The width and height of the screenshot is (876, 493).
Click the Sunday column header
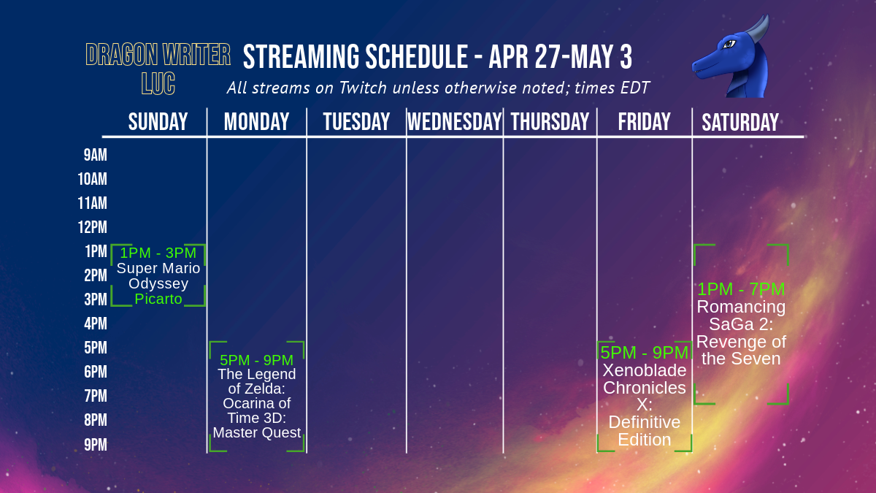point(158,122)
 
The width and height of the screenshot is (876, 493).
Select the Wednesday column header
point(454,122)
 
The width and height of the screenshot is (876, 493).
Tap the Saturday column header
point(740,123)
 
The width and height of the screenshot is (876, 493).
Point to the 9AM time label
point(96,155)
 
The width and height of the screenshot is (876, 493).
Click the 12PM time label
point(93,227)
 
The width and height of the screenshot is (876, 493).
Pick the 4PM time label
point(96,324)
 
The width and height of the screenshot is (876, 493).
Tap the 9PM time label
point(96,445)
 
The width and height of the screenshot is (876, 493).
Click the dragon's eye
point(729,44)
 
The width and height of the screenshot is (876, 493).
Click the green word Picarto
point(158,299)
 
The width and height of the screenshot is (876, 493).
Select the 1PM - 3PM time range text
point(158,253)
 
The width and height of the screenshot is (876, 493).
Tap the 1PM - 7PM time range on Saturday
point(741,289)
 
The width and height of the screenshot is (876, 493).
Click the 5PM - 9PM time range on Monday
point(256,360)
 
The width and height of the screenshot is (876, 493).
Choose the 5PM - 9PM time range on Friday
point(644,353)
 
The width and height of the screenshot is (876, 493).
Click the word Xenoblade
point(645,370)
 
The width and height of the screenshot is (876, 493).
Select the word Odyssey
point(158,284)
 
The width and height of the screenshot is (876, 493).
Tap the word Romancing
point(741,307)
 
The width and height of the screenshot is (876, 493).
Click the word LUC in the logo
point(158,83)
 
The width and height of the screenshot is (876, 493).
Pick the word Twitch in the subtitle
point(363,88)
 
